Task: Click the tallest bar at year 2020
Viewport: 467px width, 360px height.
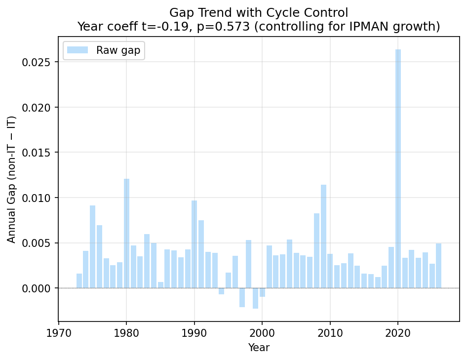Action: pos(398,168)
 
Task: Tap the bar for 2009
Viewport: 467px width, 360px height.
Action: pos(323,236)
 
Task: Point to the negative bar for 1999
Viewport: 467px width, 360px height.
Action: pos(255,298)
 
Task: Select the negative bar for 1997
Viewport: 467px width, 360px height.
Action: pos(242,297)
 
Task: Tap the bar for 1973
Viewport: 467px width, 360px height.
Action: pos(79,281)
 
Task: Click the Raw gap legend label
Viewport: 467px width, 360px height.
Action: pos(118,50)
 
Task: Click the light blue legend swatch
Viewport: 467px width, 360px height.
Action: pos(77,50)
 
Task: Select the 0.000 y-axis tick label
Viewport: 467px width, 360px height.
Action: pos(39,288)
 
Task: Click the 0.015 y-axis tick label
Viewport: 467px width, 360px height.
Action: pos(39,153)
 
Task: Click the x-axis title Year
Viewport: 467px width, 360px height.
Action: pos(259,348)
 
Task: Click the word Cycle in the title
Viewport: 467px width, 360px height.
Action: pos(292,12)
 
